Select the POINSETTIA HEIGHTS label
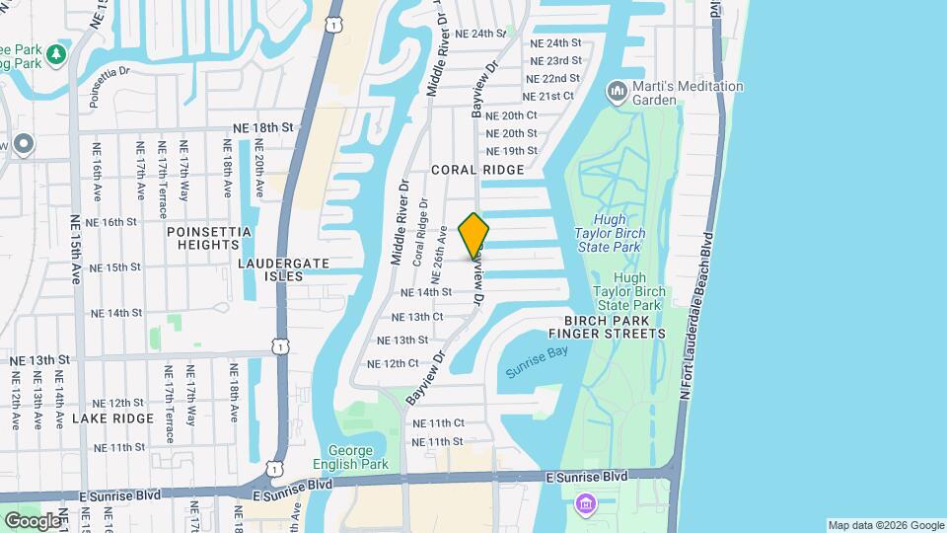(x=209, y=238)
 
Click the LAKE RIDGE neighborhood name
(x=113, y=419)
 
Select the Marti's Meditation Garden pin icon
(x=619, y=92)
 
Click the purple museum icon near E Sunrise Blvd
(x=586, y=504)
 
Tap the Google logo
(x=33, y=520)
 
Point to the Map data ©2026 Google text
(x=886, y=525)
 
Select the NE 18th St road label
(x=264, y=127)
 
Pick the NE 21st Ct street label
(x=547, y=97)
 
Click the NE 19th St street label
(x=512, y=151)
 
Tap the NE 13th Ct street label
(x=417, y=317)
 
